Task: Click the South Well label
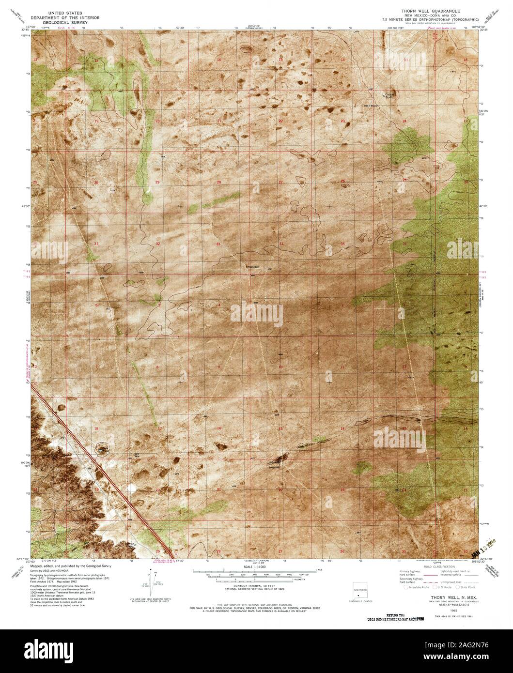pos(274,467)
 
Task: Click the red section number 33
pos(218,244)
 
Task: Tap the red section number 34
pos(281,244)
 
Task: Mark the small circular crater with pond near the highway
pos(102,449)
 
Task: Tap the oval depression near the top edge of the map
pos(246,48)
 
